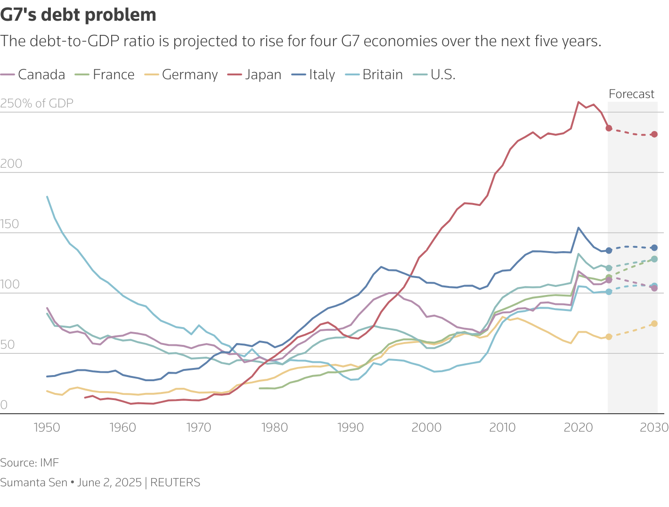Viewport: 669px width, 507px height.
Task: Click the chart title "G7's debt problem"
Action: click(78, 15)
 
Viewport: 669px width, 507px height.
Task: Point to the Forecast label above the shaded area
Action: click(631, 94)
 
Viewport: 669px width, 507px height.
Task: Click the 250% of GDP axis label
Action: click(37, 104)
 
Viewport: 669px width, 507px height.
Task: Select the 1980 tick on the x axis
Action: click(274, 427)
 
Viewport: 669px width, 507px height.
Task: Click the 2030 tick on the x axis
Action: click(654, 427)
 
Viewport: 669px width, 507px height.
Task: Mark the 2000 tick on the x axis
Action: click(426, 427)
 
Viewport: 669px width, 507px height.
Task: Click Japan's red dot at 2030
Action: click(654, 134)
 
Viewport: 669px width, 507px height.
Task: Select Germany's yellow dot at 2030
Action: click(654, 324)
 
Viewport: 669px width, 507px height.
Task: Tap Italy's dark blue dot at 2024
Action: click(609, 251)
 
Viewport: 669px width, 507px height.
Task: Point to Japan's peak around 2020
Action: click(579, 102)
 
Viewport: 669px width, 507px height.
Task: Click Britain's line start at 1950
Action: click(47, 196)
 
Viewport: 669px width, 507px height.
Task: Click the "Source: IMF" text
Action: click(30, 463)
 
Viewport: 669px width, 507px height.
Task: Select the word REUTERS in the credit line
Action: click(175, 482)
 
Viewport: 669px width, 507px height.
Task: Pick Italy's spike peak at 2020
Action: click(579, 228)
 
